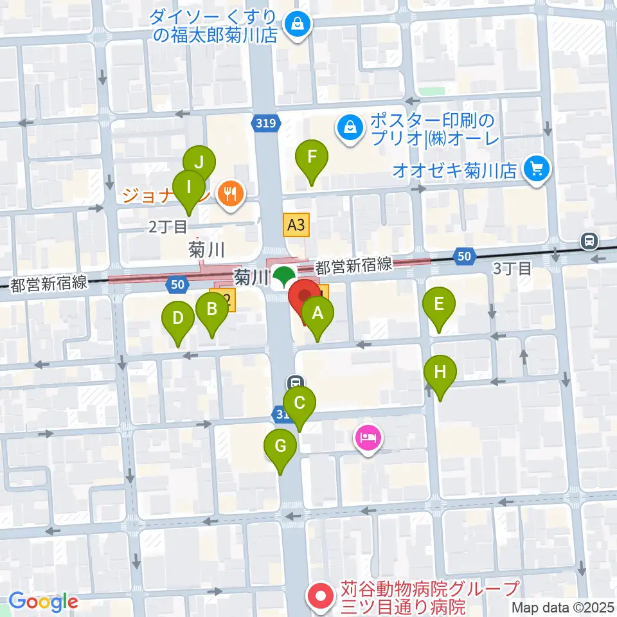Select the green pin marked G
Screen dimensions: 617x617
[281, 447]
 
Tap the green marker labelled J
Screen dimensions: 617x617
[199, 163]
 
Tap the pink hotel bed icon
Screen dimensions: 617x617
[368, 439]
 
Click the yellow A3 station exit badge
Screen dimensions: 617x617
[296, 225]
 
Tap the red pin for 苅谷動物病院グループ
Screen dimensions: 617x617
[320, 596]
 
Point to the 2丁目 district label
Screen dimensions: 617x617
[168, 226]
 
